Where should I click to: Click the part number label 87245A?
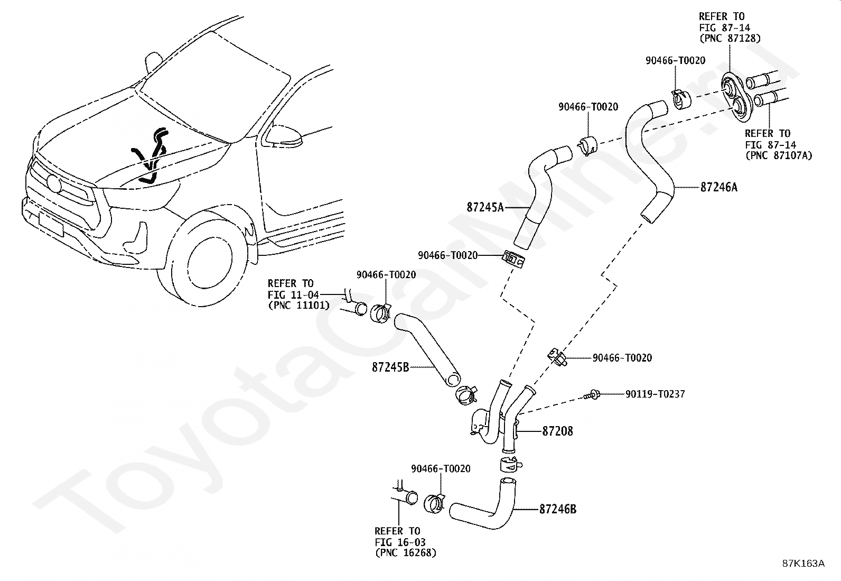coord(485,207)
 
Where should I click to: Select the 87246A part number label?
coord(718,187)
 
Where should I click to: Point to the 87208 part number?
coord(557,431)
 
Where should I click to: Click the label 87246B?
coord(558,509)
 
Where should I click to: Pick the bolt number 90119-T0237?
coord(655,394)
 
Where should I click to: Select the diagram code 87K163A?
coord(803,563)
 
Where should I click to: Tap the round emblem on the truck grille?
coord(54,183)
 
